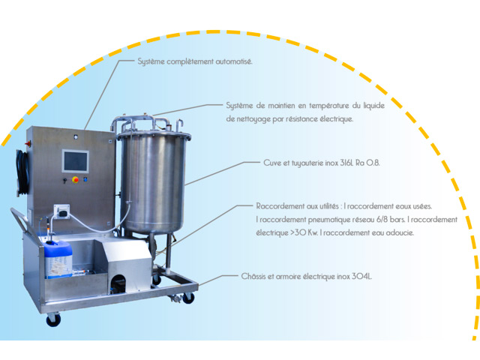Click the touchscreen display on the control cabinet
[x=75, y=161]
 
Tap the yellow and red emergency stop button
[x=75, y=180]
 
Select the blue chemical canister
[x=58, y=259]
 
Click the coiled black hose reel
[x=22, y=172]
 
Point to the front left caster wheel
[x=53, y=319]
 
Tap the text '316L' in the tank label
[x=346, y=163]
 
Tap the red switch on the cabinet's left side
[x=28, y=143]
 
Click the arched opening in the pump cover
[x=118, y=282]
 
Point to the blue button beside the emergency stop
[x=85, y=179]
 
